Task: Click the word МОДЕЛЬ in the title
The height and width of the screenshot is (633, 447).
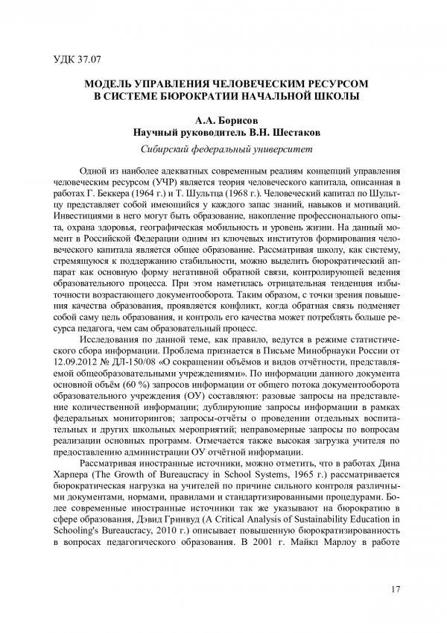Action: pyautogui.click(x=112, y=84)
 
